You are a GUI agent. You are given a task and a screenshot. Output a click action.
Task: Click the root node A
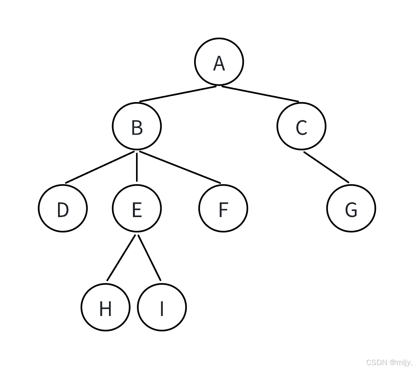tap(219, 62)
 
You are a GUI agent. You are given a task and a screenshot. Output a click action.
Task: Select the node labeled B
tap(136, 126)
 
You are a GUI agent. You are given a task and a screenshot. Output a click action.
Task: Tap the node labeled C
tap(301, 126)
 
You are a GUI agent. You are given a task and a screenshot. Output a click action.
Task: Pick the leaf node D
tap(63, 208)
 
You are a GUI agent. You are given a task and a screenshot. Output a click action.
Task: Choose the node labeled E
tap(136, 208)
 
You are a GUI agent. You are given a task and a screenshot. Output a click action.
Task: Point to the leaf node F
tap(223, 208)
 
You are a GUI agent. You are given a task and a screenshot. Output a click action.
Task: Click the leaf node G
tap(351, 208)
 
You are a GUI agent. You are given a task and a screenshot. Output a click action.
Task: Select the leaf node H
tap(105, 307)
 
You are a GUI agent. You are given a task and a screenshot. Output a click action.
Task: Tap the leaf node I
tap(162, 307)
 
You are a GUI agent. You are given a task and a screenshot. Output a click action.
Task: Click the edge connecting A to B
tap(178, 94)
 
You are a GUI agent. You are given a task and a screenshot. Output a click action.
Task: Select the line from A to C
tap(260, 94)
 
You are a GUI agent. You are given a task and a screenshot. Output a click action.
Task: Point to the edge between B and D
tap(100, 167)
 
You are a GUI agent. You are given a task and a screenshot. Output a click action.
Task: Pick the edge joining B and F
tap(180, 167)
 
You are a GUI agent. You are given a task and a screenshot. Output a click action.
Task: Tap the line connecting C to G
tap(326, 167)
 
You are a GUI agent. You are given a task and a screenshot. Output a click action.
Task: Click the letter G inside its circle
tap(351, 210)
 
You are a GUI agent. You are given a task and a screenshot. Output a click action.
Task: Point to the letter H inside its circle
tap(105, 309)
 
